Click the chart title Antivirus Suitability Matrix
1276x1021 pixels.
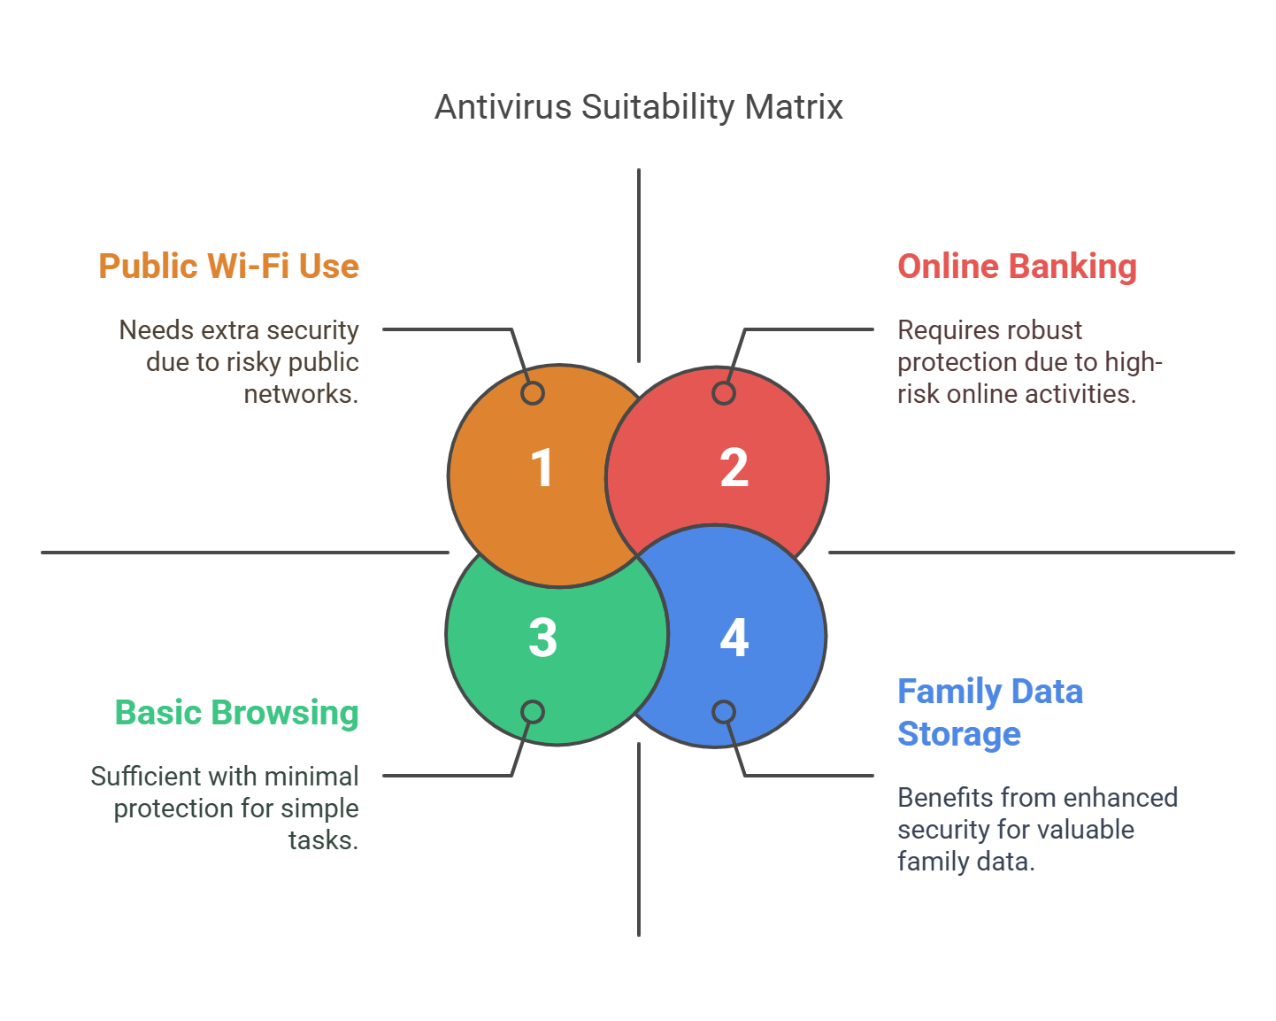click(638, 107)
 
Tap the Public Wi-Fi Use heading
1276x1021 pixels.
click(229, 266)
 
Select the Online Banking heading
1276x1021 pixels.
click(1017, 267)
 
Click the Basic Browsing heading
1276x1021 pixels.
click(236, 712)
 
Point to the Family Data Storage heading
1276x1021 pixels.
click(990, 712)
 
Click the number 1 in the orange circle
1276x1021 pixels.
click(542, 468)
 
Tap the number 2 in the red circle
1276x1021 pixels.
click(734, 468)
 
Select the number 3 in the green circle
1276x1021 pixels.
click(542, 638)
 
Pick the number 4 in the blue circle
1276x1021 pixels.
click(734, 638)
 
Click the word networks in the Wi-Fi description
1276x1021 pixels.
click(301, 394)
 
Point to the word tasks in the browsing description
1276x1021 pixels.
click(324, 840)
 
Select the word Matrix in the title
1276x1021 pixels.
click(794, 107)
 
